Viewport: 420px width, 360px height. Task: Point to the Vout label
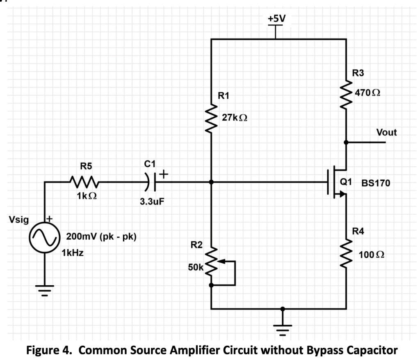tap(387, 132)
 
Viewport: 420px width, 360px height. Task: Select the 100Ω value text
tap(371, 255)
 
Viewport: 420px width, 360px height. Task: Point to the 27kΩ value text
tap(234, 118)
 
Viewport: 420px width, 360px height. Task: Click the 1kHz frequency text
tap(73, 253)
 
